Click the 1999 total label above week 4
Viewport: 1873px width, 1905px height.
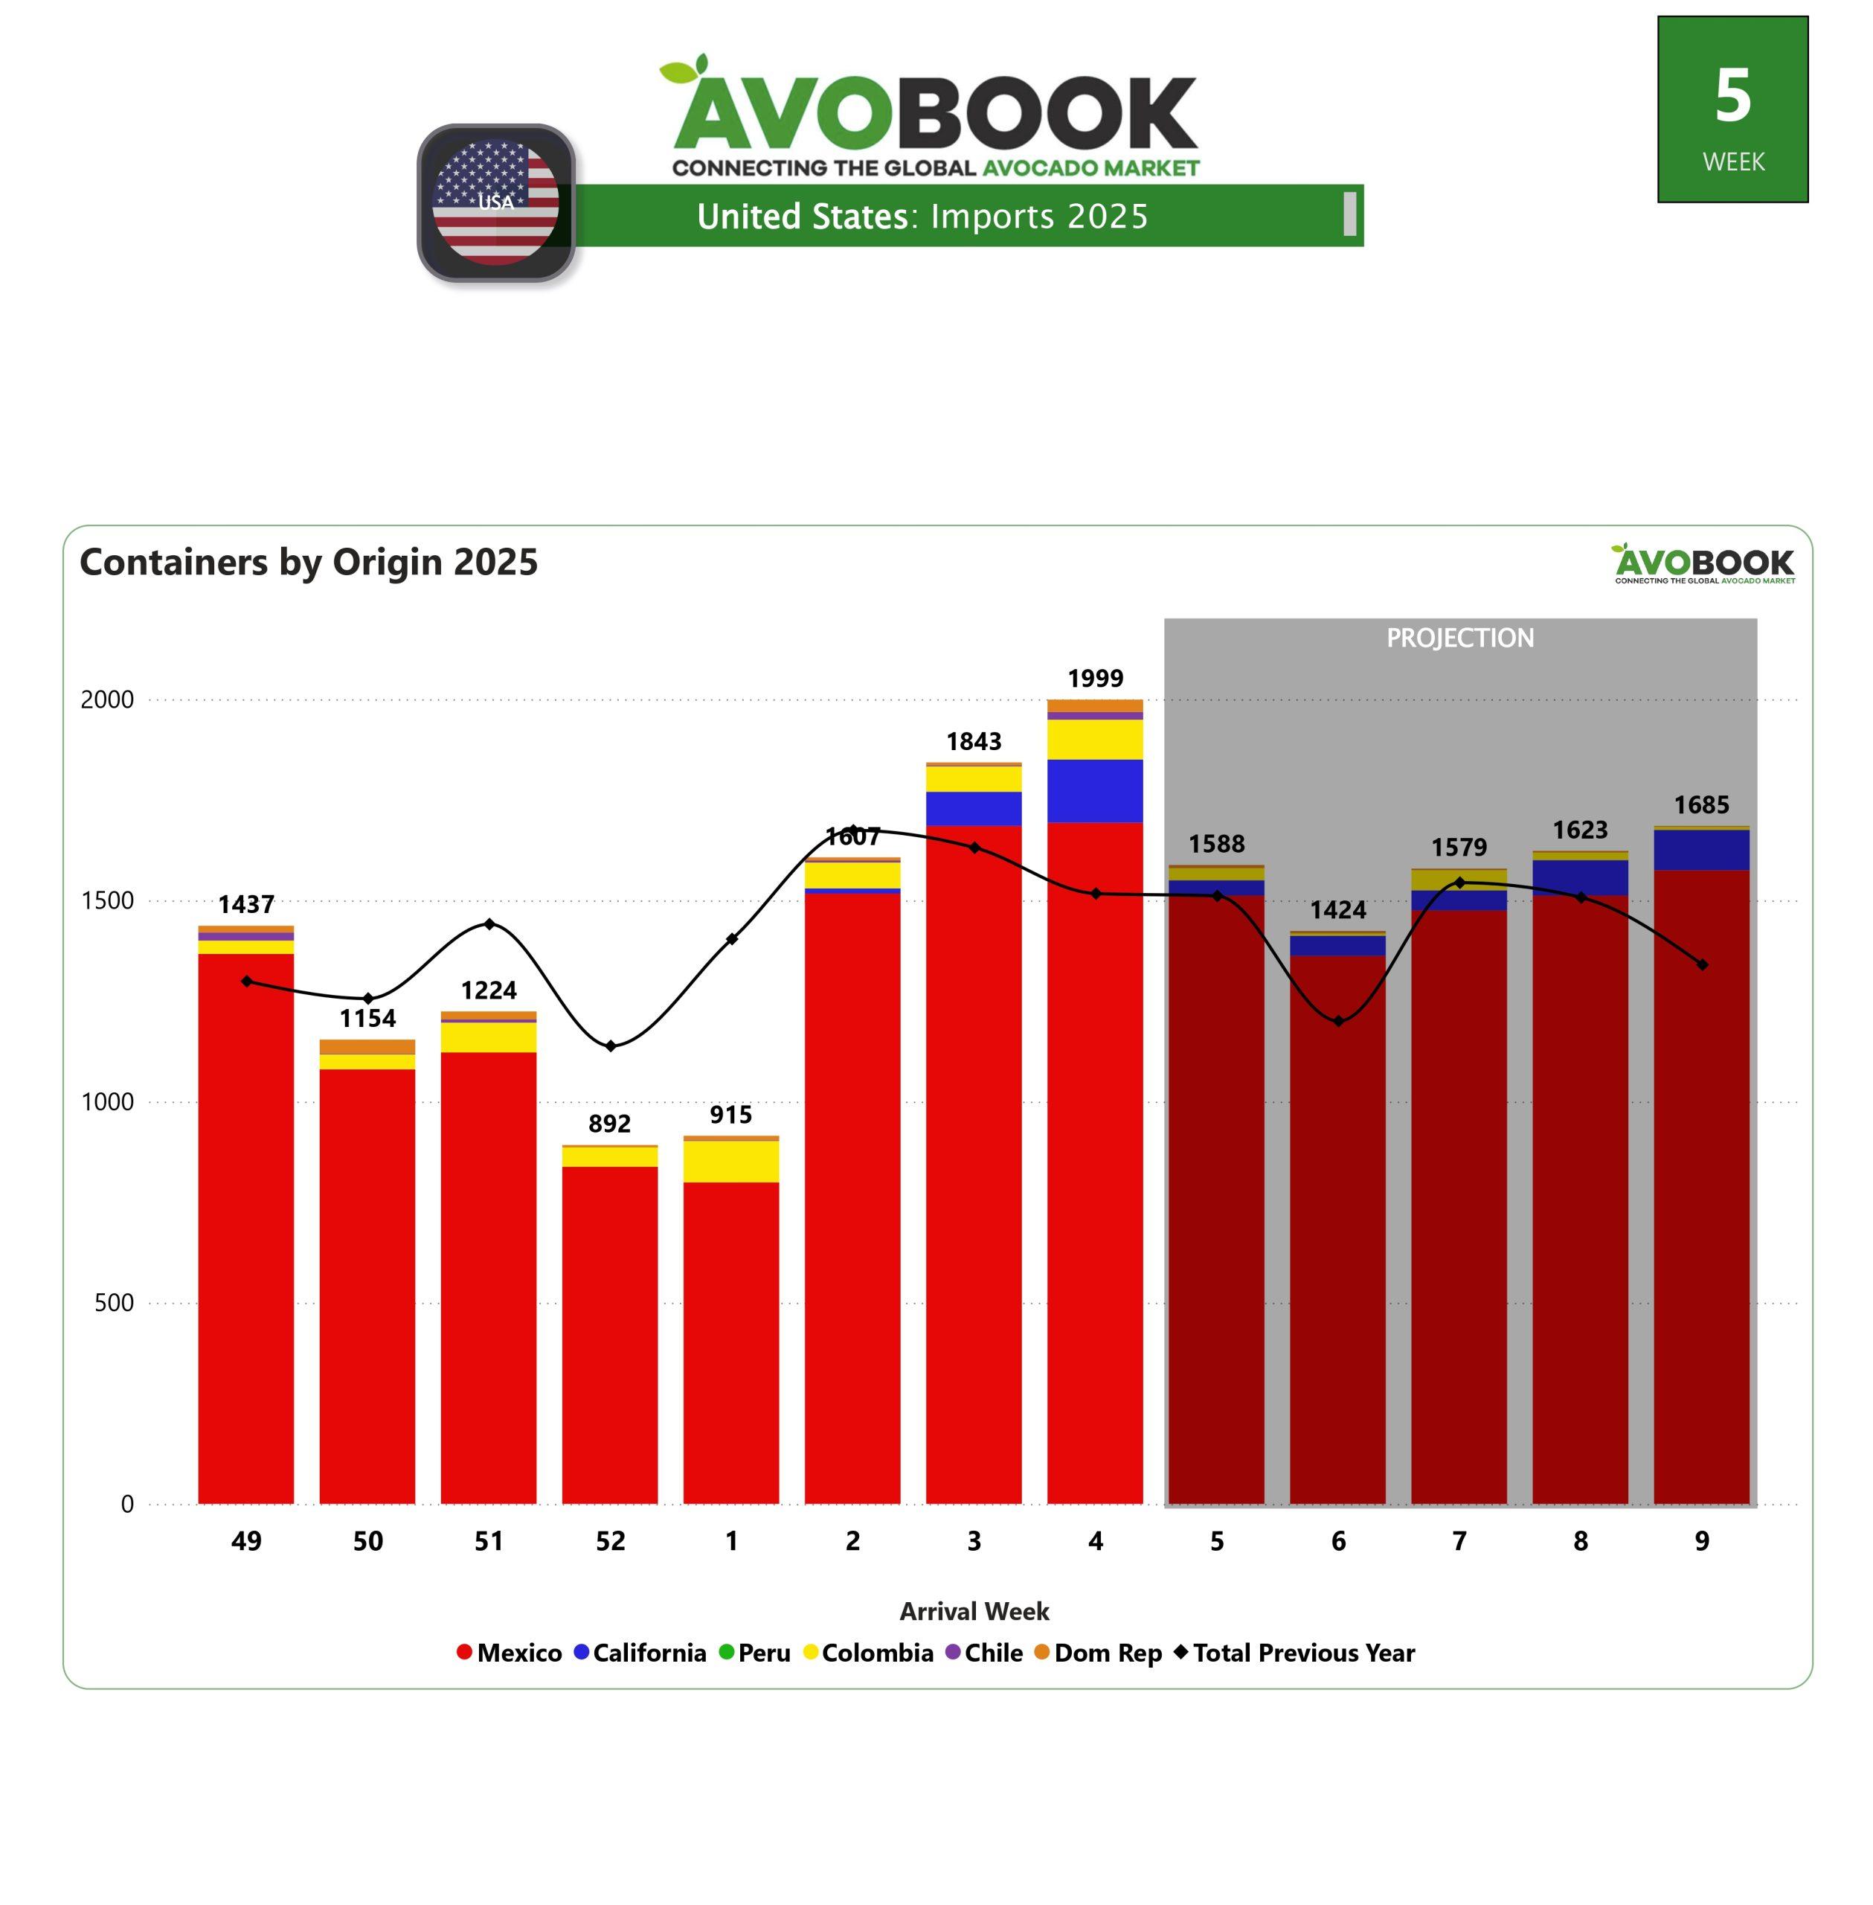click(1095, 678)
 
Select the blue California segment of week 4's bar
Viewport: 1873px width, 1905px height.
click(1095, 790)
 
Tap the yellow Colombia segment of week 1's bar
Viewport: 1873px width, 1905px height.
click(731, 1161)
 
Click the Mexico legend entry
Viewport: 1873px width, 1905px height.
click(510, 1652)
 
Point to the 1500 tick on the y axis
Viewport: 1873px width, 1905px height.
click(106, 900)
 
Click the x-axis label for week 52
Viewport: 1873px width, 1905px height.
click(610, 1541)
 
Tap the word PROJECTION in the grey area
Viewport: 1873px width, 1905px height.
click(1460, 638)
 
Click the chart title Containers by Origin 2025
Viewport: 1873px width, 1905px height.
click(309, 562)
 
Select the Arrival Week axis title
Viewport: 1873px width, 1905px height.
click(974, 1611)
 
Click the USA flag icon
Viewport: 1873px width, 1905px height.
click(496, 202)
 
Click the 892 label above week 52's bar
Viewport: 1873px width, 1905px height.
click(610, 1123)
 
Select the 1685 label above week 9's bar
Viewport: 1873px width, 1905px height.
click(1701, 805)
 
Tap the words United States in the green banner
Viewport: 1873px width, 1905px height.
click(802, 216)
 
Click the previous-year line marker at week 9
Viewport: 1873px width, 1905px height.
click(1702, 964)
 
